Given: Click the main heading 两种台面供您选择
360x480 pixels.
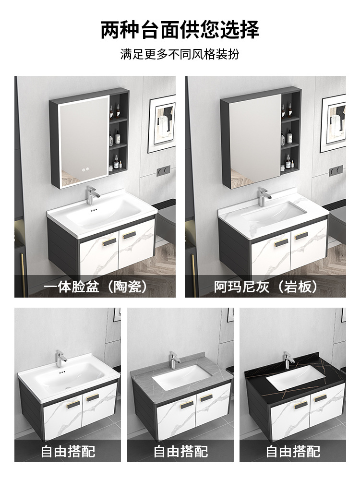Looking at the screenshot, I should [x=180, y=30].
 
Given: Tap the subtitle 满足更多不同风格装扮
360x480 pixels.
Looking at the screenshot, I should [x=180, y=54].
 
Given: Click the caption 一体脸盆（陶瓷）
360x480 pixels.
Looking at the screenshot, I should [x=95, y=287].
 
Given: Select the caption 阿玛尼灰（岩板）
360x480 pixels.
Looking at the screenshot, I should [x=265, y=287].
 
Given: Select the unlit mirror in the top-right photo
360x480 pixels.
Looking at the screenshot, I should [x=254, y=142].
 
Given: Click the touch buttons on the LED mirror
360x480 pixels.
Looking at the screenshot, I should [x=85, y=168].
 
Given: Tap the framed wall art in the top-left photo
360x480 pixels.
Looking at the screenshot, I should [x=162, y=123].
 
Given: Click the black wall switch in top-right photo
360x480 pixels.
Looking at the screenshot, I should [x=336, y=170].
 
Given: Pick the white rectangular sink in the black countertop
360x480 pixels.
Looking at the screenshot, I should [x=290, y=379].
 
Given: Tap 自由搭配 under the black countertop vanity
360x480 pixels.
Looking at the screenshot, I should [x=293, y=451].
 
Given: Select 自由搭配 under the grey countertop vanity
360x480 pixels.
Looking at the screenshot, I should [x=180, y=451].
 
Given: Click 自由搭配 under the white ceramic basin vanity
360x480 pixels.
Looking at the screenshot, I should [x=68, y=451].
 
